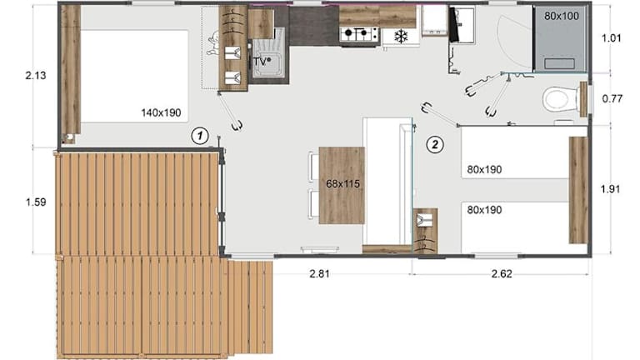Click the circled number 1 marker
pos(200,136)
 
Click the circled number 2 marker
pos(435,144)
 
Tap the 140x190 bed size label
pos(161,112)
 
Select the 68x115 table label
pos(342,183)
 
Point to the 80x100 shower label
pos(562,16)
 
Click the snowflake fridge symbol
pos(401,37)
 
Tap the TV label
pos(261,62)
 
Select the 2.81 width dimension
pos(320,274)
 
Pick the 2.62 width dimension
pos(502,274)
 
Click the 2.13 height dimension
pos(36,76)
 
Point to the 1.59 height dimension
pos(36,202)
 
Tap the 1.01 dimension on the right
pos(612,38)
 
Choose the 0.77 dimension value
pos(612,99)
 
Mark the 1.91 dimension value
pos(611,189)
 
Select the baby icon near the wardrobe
pos(213,43)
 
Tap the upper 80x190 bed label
pos(484,169)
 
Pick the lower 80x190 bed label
pos(484,210)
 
